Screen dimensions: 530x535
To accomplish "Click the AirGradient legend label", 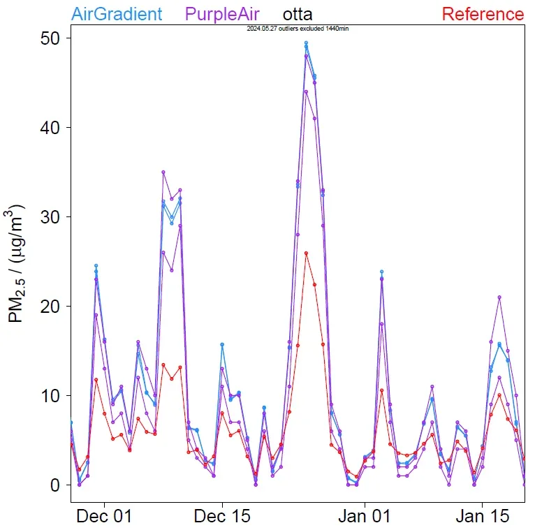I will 117,14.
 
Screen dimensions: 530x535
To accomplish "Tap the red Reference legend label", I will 483,14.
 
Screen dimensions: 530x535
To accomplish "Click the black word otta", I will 298,14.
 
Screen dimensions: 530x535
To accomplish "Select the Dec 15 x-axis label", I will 222,517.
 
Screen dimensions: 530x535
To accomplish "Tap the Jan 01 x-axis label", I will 365,517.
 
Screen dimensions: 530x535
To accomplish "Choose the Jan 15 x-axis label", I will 482,517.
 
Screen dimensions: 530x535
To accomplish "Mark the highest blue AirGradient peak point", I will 306,43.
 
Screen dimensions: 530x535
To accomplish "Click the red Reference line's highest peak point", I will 306,253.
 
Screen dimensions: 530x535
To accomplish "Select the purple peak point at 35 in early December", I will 163,172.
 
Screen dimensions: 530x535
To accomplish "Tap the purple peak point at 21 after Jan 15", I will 499,297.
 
